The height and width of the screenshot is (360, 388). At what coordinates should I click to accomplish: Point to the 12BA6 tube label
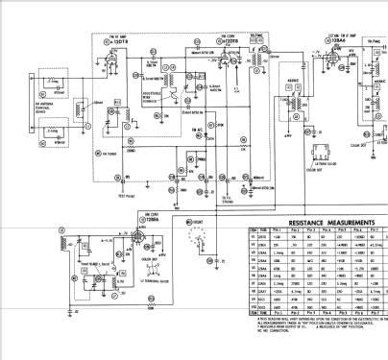click(x=332, y=43)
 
